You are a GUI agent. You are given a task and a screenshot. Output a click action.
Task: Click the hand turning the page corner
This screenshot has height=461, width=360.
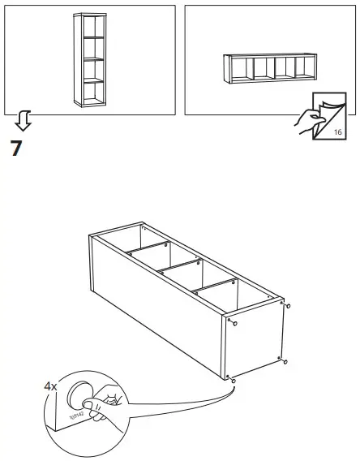pos(308,122)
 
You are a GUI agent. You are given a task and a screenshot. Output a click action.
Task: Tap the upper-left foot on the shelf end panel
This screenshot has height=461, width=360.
pos(233,322)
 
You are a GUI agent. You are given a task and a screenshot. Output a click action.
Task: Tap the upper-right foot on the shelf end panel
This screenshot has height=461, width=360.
pos(286,307)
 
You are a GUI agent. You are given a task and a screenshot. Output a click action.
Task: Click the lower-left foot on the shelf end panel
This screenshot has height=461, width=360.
pos(233,379)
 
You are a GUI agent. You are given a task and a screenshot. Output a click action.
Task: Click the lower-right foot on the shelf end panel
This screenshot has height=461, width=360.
pos(283,360)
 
